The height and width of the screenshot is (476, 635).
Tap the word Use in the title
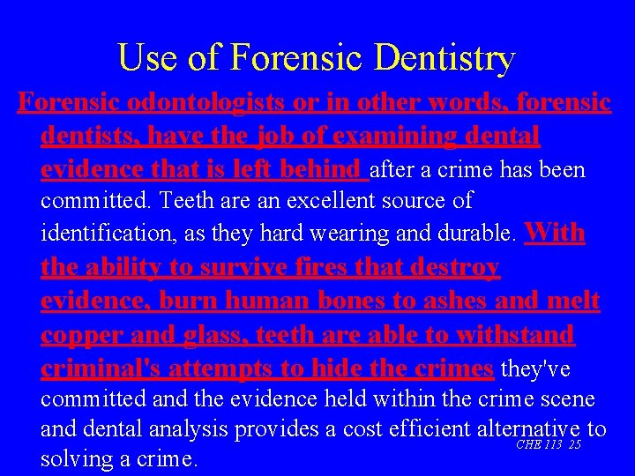click(140, 59)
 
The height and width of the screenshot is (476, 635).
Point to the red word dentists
click(87, 136)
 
